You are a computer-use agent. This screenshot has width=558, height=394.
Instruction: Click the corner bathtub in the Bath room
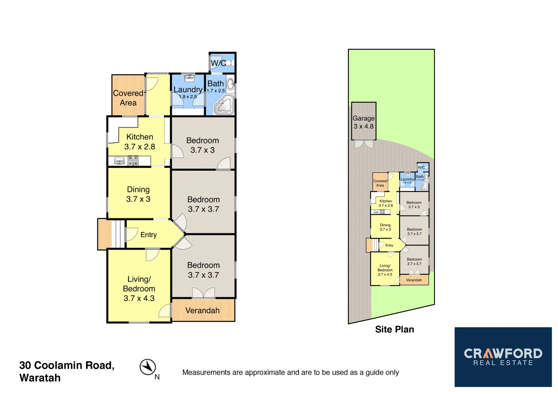(224, 105)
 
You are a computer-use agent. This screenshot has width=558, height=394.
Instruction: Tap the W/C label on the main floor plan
(218, 63)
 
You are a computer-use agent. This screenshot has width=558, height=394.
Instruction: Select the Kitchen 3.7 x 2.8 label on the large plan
(139, 142)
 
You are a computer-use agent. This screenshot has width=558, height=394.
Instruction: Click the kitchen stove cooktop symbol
(133, 161)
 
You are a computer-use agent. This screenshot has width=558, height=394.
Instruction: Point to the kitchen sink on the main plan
(119, 161)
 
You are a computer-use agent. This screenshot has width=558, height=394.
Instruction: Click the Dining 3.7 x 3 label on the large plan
(138, 194)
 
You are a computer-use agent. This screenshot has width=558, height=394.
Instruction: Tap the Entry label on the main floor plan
(149, 235)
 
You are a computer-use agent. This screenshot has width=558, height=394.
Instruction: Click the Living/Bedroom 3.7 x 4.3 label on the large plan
(139, 289)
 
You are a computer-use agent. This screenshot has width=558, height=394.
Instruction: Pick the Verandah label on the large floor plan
(203, 310)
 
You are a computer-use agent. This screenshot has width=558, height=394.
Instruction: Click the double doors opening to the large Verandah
(203, 293)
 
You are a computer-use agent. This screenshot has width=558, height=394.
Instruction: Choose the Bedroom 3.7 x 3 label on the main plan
(203, 145)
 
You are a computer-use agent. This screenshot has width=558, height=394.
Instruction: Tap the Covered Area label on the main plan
(128, 98)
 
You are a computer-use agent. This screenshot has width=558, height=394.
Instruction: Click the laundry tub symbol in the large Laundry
(189, 78)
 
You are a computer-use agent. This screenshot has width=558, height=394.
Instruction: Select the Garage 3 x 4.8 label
(363, 122)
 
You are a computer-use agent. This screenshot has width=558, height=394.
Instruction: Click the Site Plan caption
(395, 329)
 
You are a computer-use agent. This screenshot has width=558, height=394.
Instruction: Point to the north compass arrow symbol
(148, 367)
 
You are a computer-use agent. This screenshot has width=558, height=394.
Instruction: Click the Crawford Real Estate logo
(503, 357)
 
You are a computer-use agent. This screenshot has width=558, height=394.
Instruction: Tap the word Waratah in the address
(40, 378)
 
